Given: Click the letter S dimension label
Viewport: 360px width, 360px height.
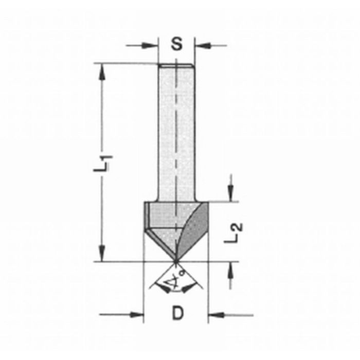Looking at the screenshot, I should click(177, 45).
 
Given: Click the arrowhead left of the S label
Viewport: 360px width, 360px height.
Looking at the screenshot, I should click(153, 46).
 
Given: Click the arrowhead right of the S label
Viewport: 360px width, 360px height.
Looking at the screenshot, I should click(200, 46).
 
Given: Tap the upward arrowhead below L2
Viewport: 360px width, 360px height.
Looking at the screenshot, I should click(230, 267).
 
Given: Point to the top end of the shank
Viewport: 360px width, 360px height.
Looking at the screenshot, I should click(176, 64).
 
